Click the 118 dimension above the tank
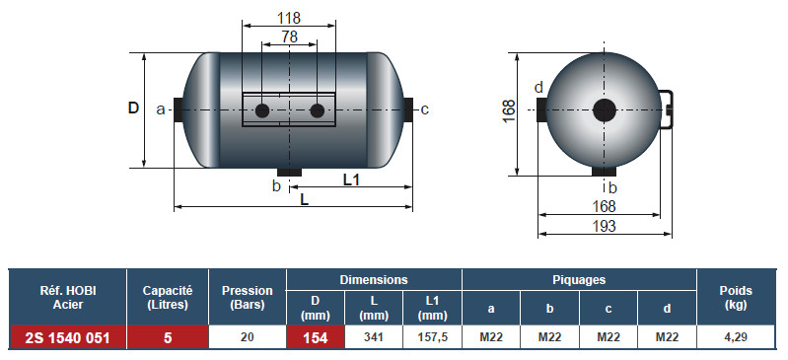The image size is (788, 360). point(289,18)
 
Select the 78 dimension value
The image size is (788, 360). point(290,36)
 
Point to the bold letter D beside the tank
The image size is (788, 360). point(133,108)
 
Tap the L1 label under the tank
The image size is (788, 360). point(351,180)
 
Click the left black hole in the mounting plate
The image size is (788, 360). point(262,110)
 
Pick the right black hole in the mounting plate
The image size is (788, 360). point(318,110)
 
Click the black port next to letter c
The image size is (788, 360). point(408,109)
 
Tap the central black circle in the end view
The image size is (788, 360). point(604,110)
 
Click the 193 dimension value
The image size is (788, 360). point(604,226)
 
